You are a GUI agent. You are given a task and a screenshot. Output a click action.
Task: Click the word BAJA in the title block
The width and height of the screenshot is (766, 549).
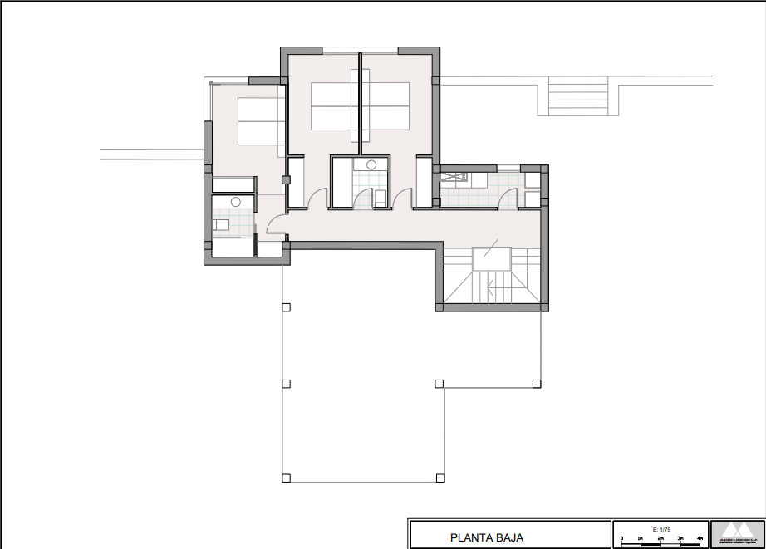click(x=509, y=537)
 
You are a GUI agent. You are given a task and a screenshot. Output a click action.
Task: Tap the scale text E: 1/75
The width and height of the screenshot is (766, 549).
click(x=660, y=529)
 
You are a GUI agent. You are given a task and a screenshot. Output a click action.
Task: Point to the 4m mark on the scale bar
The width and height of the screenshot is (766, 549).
click(x=700, y=540)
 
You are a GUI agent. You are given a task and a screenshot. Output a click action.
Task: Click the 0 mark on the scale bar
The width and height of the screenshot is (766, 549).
click(x=621, y=540)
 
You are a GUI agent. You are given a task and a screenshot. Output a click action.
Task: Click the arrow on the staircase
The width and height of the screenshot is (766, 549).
click(x=492, y=289)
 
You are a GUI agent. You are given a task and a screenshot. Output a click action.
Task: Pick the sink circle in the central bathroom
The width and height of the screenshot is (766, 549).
click(x=371, y=164)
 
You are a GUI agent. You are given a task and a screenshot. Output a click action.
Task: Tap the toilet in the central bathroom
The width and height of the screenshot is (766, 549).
click(x=380, y=198)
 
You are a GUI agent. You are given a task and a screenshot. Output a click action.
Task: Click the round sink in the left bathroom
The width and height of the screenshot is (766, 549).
click(x=236, y=202)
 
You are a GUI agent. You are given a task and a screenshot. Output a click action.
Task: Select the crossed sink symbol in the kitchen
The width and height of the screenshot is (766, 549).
click(x=454, y=177)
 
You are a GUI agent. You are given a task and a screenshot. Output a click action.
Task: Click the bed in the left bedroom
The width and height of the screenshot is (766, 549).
click(x=261, y=121)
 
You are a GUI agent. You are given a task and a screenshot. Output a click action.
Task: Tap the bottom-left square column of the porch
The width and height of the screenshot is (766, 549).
click(x=286, y=478)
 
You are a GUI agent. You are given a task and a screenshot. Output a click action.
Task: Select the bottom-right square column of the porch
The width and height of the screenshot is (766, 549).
click(x=440, y=478)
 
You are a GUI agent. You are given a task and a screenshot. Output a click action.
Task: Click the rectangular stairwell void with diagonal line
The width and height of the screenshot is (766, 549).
click(x=491, y=258)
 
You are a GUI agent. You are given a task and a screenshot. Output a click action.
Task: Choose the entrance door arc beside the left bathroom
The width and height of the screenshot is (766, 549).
click(x=275, y=225)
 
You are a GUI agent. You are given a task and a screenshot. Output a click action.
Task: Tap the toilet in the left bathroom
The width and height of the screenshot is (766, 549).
click(x=220, y=223)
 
